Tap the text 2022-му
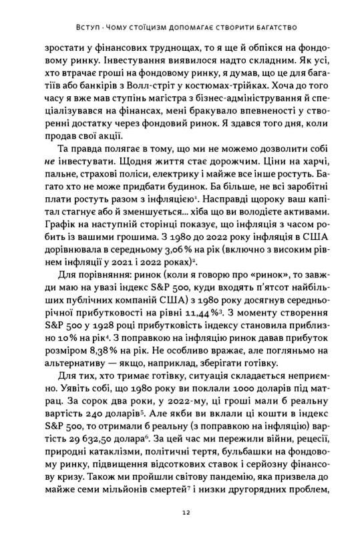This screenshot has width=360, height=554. (180, 411)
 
